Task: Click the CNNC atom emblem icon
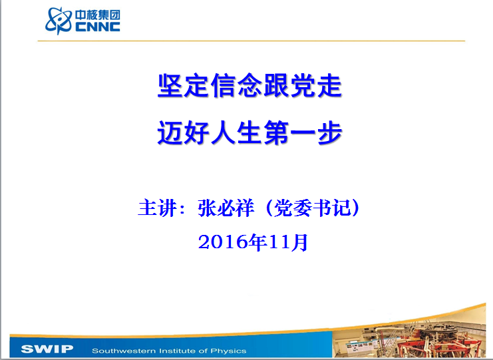click(x=59, y=21)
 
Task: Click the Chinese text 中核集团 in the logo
click(x=98, y=15)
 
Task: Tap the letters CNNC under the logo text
click(x=98, y=27)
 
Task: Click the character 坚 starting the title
click(x=170, y=86)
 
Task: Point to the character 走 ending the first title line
click(x=329, y=86)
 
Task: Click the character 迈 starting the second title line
click(x=170, y=132)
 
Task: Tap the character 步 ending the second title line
click(x=329, y=132)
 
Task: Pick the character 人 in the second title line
click(x=224, y=132)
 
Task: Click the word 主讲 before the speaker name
click(x=157, y=208)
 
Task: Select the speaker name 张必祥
click(x=226, y=208)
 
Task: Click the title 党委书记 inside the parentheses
click(x=312, y=208)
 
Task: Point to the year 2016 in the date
click(x=223, y=242)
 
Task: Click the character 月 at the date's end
click(x=299, y=242)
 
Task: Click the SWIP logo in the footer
click(x=47, y=349)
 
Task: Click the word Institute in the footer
click(x=178, y=351)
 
